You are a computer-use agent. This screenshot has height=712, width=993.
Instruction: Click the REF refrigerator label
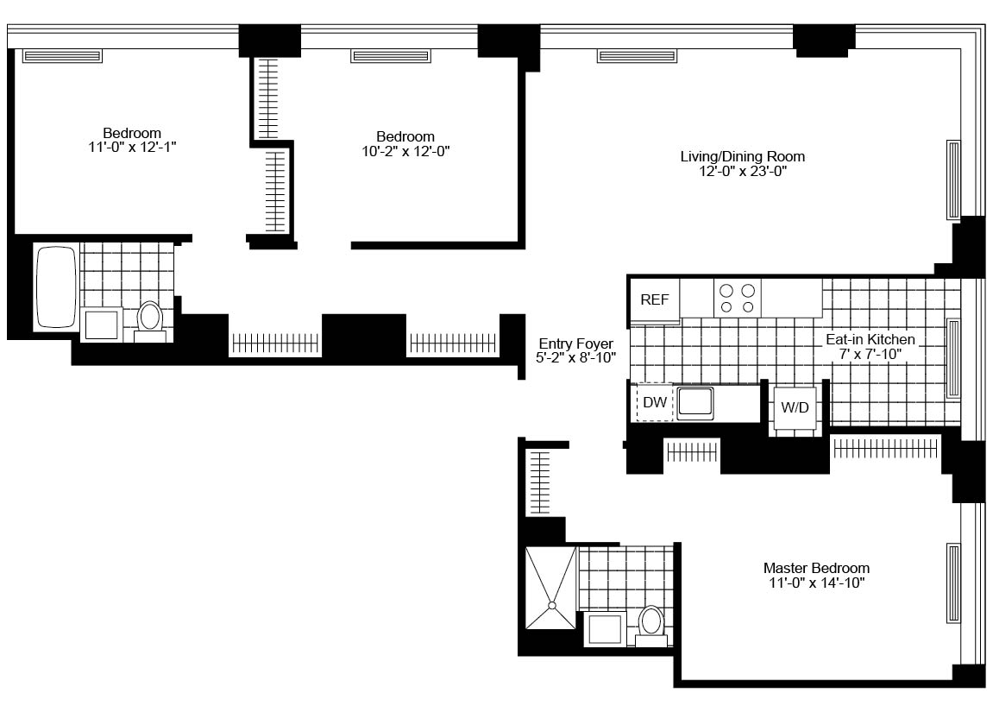pos(654,299)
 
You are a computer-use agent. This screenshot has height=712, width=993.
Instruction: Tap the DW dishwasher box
pos(655,402)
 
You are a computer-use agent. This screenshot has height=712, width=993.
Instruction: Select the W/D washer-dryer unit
pos(795,407)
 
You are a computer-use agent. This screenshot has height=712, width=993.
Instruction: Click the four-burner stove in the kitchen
pos(737,299)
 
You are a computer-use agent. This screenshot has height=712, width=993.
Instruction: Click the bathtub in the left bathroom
pos(57,287)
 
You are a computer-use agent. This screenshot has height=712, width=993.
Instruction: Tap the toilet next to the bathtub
pos(150,321)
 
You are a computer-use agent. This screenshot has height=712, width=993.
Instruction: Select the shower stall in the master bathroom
pos(551,589)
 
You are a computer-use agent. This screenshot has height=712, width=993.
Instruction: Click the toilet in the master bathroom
pos(651,627)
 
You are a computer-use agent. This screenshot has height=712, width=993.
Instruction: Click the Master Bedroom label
pos(816,568)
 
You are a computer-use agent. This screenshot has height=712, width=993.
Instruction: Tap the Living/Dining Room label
pos(743,156)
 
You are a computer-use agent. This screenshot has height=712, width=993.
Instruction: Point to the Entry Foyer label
pos(576,343)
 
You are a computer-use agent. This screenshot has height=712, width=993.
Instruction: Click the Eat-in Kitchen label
pos(870,339)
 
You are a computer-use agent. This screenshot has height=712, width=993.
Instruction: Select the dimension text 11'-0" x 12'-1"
pos(132,148)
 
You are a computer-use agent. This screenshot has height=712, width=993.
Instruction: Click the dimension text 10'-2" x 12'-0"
pos(406,151)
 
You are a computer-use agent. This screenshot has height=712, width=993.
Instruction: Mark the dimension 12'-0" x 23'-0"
pos(743,171)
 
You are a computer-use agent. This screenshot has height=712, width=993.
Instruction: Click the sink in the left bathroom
pos(102,324)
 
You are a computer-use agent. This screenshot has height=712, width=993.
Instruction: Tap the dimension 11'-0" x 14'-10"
pos(817,583)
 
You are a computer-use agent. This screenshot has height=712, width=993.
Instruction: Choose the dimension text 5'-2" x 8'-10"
pos(576,358)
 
